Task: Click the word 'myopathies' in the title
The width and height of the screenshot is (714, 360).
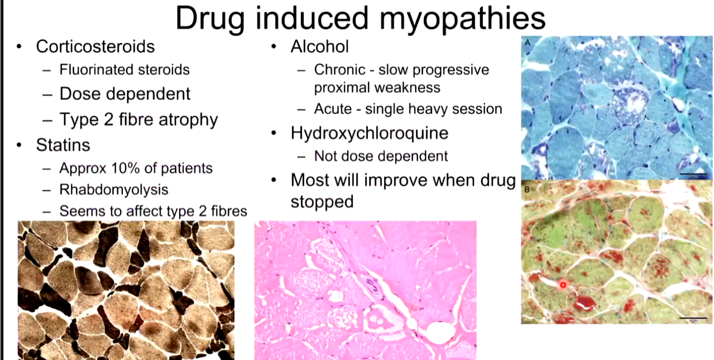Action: coord(462,19)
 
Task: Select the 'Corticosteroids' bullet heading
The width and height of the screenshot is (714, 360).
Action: coord(95,47)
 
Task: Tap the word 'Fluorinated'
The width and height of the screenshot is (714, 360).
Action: coord(96,69)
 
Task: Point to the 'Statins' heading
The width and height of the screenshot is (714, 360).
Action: coord(63,145)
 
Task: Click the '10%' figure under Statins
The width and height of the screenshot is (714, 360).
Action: coord(126,168)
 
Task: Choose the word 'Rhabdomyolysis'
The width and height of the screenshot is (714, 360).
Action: coord(114,190)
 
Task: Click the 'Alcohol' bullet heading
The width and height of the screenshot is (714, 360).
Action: coord(320,47)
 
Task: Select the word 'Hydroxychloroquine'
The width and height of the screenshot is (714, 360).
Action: coord(370,133)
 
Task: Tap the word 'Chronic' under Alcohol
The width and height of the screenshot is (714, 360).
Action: coord(339,70)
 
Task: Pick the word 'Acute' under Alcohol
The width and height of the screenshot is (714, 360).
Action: coord(333,109)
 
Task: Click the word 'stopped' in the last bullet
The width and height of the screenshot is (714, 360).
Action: coord(322,202)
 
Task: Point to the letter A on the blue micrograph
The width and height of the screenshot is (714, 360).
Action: coord(527,42)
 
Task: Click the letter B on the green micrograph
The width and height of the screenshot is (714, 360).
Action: coord(527,189)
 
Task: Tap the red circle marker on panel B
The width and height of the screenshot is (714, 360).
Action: coord(563,285)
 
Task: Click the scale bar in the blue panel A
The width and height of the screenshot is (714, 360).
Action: coord(693,174)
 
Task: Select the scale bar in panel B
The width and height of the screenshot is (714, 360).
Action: coord(693,318)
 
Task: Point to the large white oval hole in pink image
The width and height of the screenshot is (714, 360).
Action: coord(440,333)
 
